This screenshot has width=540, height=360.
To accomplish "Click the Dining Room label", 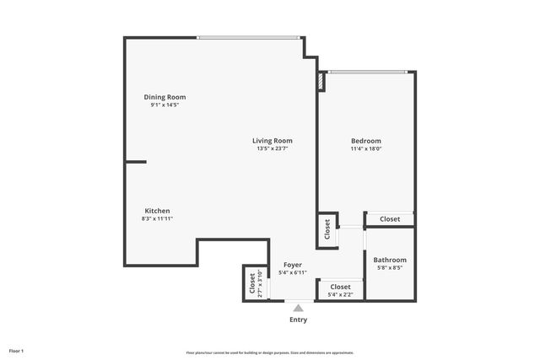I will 165,97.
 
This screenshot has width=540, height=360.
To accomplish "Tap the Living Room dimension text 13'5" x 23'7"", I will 273,149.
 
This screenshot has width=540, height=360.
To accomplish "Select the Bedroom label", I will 366,141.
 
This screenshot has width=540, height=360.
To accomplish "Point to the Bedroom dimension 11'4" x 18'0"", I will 366,149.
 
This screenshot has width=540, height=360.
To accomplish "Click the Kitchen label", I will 157,210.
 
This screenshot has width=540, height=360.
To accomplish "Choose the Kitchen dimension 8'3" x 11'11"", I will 157,218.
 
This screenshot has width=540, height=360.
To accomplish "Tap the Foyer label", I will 292,265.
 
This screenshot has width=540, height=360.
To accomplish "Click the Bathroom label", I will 390,260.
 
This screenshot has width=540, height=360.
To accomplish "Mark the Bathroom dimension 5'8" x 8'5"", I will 390,268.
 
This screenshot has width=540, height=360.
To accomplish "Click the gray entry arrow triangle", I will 298,309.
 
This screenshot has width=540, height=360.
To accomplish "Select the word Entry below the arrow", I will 298,320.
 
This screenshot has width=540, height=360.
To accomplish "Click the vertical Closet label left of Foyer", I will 252,284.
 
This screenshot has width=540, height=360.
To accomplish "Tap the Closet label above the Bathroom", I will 390,219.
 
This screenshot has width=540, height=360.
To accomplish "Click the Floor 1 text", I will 17,350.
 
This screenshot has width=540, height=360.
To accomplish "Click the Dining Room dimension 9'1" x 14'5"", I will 165,105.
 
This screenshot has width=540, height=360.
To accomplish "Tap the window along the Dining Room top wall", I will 249,37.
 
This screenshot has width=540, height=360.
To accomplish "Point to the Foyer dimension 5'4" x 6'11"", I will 292,273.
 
